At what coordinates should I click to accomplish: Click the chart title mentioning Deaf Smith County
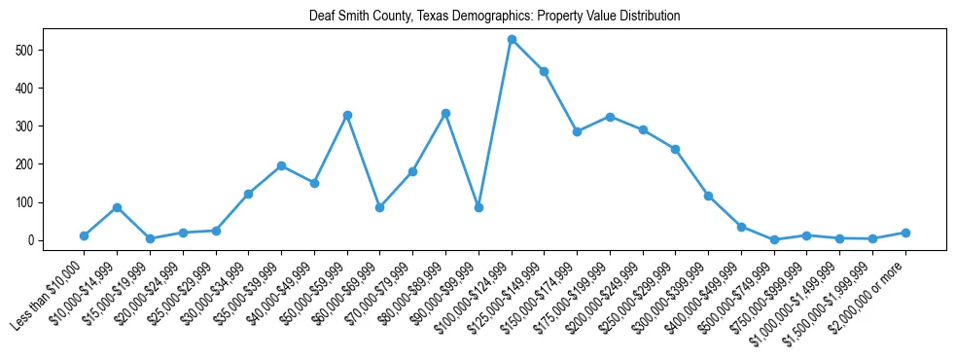494,17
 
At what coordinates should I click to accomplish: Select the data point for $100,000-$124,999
512,40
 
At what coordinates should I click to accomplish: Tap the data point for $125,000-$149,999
544,71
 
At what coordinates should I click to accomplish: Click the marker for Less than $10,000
85,235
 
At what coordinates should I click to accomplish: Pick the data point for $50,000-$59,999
347,115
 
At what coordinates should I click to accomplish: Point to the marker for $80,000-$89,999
445,113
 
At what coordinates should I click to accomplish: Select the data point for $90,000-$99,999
478,207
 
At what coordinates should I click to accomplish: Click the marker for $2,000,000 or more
905,233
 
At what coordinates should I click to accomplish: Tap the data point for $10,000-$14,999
117,207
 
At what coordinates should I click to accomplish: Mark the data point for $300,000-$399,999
708,196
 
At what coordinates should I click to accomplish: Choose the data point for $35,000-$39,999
281,165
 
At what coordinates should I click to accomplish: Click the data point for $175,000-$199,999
610,117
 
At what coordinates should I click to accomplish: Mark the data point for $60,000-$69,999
379,207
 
